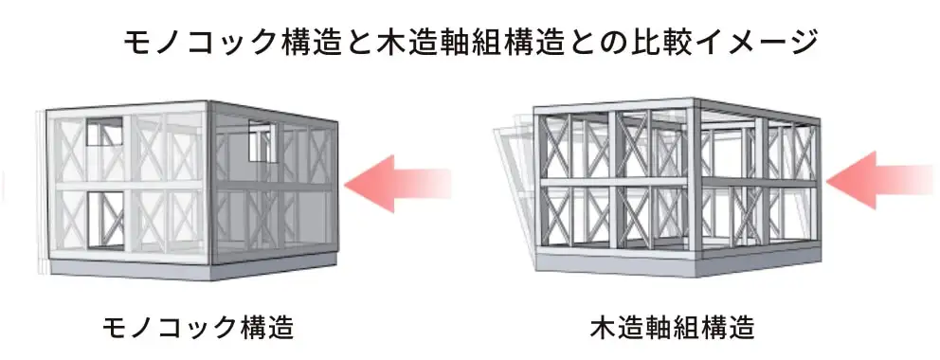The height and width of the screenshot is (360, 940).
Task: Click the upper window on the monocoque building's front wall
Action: pos(103,133)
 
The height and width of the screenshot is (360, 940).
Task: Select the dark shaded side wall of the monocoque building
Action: pos(275,189)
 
